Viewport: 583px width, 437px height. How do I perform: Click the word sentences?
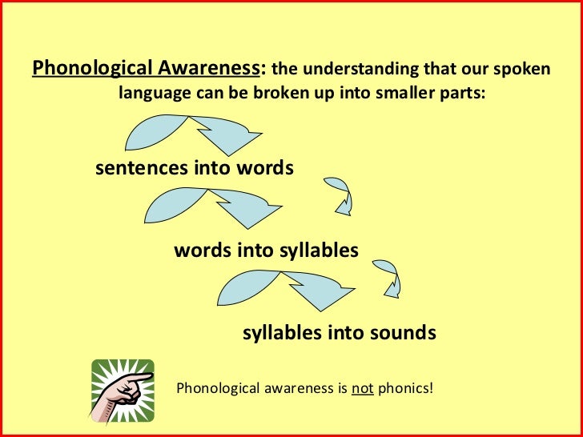(142, 169)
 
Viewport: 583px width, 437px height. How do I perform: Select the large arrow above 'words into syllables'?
(212, 206)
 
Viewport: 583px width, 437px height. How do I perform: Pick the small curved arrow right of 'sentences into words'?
(340, 194)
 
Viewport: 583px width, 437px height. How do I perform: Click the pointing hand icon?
(123, 390)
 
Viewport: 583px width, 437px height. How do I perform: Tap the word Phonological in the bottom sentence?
(214, 390)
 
